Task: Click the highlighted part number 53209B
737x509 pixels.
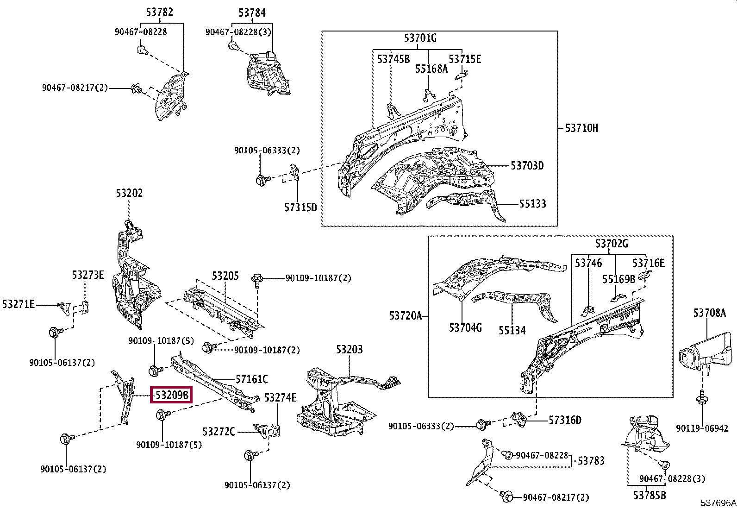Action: point(172,395)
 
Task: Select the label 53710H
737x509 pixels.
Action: point(581,128)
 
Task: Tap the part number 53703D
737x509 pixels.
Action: point(527,165)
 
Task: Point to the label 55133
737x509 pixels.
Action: point(532,204)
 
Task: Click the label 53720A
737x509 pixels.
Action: point(406,316)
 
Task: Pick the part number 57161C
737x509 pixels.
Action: point(251,379)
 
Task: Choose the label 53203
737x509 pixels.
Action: point(350,349)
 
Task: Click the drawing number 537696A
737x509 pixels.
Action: point(718,503)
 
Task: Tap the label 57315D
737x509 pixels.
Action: point(300,207)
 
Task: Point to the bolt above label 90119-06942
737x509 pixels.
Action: point(702,399)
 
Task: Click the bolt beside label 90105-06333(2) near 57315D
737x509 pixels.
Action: point(260,179)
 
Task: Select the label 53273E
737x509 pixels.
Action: point(88,275)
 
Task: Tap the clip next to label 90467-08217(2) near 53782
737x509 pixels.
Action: point(136,88)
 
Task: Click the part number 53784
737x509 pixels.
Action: point(252,13)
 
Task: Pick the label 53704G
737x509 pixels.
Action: point(465,328)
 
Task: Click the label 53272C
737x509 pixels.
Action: point(219,432)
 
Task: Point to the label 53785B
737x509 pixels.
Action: point(650,496)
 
